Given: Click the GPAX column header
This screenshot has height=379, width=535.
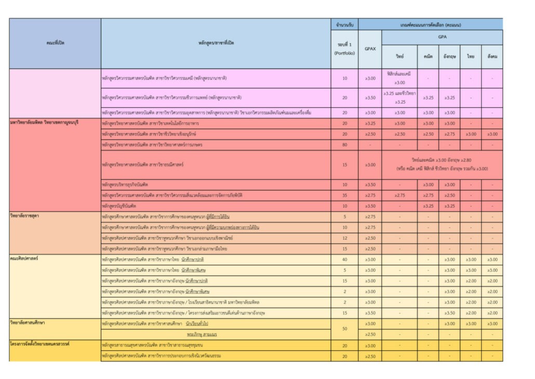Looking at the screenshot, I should pos(370,49).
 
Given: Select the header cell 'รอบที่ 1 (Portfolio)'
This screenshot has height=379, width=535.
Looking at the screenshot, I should pos(344,49).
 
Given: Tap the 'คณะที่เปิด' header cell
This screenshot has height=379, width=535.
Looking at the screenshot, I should pos(55,43).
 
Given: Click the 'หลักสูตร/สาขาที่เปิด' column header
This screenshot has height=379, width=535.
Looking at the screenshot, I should pos(216,43).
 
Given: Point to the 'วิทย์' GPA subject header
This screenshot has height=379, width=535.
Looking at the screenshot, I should pos(399,56).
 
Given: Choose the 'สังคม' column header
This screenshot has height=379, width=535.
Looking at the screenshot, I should pos(491,56).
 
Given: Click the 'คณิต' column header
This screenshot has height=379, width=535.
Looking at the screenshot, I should pos(428,56).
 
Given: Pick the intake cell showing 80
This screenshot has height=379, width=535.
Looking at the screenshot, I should pos(344,145).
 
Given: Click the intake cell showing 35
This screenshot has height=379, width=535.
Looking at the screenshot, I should pos(344,195).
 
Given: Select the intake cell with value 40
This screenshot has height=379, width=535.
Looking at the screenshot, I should pos(344,259).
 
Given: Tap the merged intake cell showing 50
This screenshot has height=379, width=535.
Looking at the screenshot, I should pos(344,329).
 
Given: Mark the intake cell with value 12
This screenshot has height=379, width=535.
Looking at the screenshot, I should pos(344,238).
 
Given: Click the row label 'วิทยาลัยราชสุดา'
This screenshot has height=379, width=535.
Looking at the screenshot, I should pos(25,215).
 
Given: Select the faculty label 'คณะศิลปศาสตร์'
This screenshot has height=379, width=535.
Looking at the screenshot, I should pos(24,258).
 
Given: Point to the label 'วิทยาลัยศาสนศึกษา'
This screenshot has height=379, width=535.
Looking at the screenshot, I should pos(28,322).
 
